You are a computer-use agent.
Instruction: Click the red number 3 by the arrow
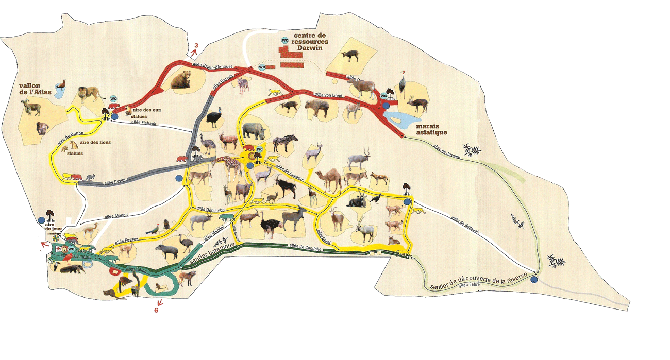[x=196, y=45]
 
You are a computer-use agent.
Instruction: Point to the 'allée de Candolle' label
[x=305, y=247]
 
